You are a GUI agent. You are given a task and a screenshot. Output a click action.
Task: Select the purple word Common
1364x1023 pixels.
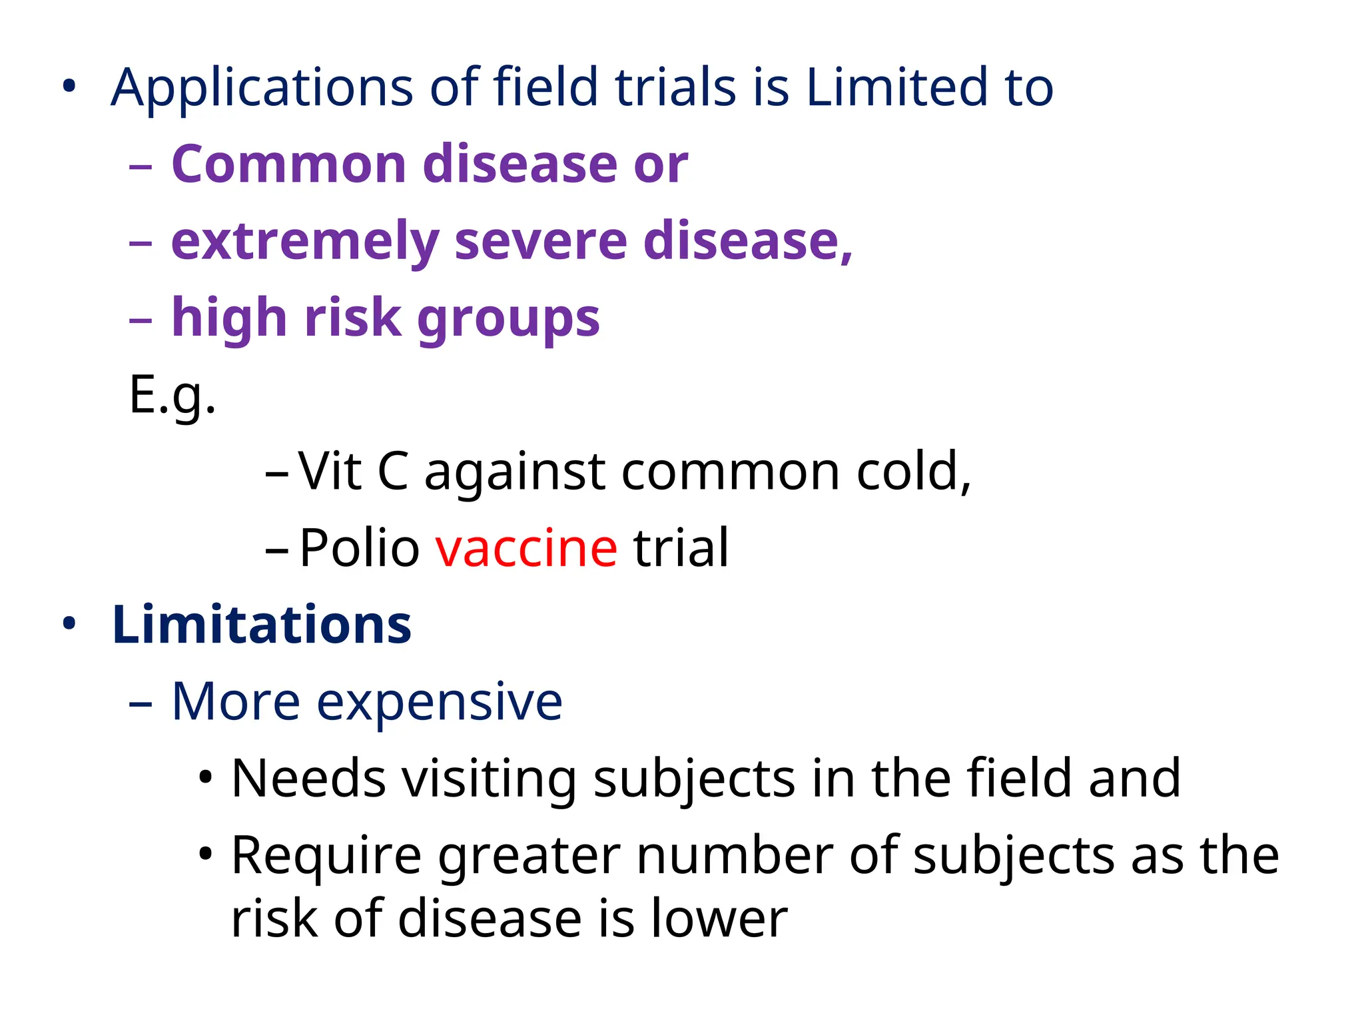click(x=288, y=165)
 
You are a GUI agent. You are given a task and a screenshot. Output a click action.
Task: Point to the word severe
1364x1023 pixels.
click(x=541, y=241)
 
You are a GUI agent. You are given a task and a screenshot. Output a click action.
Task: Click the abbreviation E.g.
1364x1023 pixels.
click(x=172, y=396)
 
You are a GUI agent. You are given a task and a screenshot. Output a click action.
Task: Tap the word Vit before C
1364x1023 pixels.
click(x=330, y=472)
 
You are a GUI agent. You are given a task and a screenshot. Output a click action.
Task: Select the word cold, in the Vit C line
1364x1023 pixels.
click(x=913, y=472)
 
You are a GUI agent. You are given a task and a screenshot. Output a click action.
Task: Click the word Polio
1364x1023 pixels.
click(x=359, y=548)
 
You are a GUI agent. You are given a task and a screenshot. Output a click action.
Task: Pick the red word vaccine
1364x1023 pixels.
click(x=526, y=548)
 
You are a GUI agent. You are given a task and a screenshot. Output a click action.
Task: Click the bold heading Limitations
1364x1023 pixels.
click(x=262, y=625)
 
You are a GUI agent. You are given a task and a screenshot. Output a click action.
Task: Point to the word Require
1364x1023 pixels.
click(x=326, y=856)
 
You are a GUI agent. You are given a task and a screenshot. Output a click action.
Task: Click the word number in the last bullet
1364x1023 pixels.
click(x=734, y=855)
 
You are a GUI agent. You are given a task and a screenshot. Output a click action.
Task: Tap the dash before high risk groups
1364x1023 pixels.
click(x=141, y=320)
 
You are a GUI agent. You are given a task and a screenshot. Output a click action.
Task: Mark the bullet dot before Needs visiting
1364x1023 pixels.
click(x=206, y=777)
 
